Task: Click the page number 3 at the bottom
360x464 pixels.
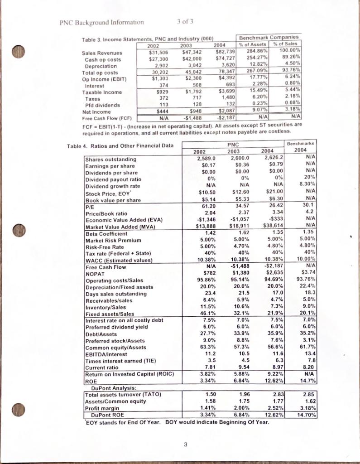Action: (x=185, y=445)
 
